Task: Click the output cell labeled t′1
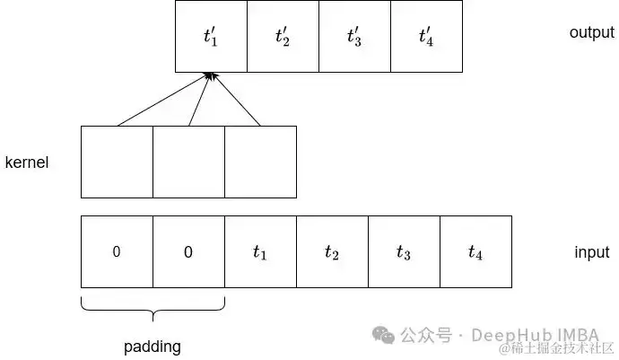coord(211,37)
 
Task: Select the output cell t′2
coord(283,37)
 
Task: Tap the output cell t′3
coord(354,37)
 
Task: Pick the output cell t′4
coord(426,37)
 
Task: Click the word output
coord(591,32)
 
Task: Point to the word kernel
coord(27,162)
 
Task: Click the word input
coord(591,252)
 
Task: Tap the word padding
coord(152,346)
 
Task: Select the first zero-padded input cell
coord(117,252)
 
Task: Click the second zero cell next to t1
coord(188,252)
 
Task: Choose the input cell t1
coord(260,252)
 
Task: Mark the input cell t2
coord(332,252)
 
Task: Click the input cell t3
coord(404,252)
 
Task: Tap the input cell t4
coord(475,252)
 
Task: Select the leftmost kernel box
coord(117,162)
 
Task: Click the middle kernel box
coord(188,162)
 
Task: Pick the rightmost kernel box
coord(260,162)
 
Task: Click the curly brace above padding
coord(153,311)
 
